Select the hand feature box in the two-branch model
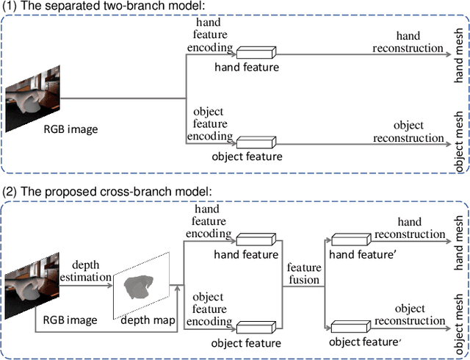point(254,52)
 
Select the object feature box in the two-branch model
point(254,140)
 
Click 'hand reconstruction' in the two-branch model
point(408,41)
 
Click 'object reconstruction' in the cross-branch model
point(408,314)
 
